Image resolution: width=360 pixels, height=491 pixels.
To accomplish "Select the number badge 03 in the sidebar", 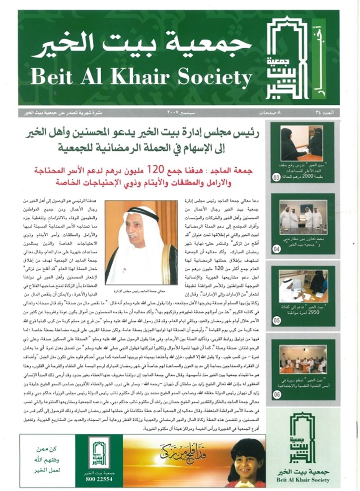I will click(276, 177).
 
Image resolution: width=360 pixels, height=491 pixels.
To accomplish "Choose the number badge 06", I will click(276, 395).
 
